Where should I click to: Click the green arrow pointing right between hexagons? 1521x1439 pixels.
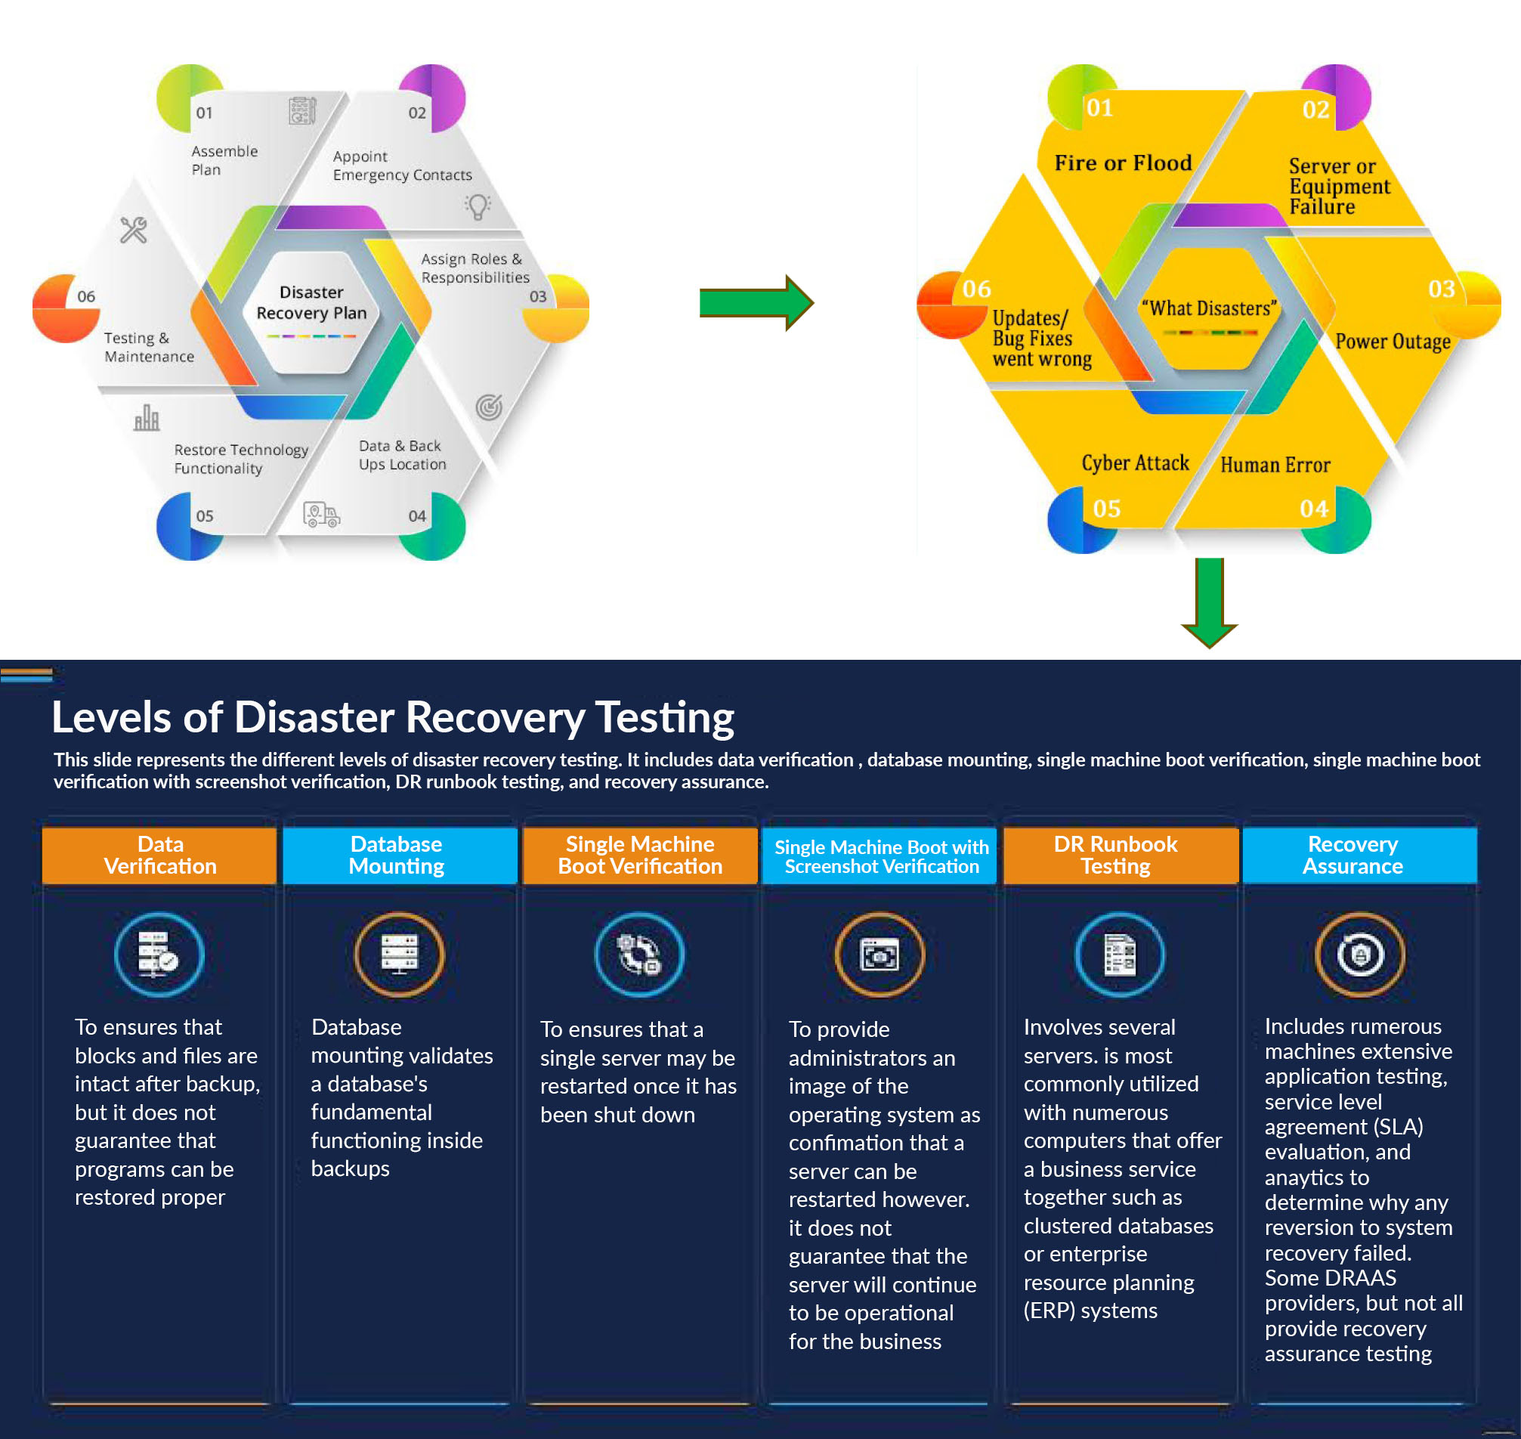[x=756, y=303]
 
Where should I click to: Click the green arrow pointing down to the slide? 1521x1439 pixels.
[x=1210, y=602]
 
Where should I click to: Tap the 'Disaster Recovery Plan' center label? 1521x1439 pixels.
[x=311, y=303]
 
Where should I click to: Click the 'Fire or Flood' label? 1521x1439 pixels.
[x=1123, y=162]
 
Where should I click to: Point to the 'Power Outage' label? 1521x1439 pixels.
[x=1393, y=342]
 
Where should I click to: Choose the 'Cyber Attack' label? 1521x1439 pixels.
[x=1135, y=463]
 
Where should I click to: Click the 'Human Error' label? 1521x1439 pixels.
[x=1275, y=465]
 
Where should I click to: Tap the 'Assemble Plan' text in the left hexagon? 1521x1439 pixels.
[x=224, y=160]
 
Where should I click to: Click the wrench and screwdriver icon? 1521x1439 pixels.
[x=134, y=229]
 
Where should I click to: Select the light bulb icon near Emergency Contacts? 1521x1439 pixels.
[x=477, y=206]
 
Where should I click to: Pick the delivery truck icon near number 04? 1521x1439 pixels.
[x=321, y=515]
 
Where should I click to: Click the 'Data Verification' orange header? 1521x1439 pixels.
[x=159, y=856]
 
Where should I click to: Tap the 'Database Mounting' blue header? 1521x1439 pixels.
[x=397, y=856]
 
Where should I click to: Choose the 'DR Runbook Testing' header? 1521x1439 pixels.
[x=1115, y=856]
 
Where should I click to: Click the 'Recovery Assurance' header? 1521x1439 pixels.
[x=1353, y=856]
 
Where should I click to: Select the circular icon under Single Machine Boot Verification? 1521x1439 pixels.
[x=639, y=955]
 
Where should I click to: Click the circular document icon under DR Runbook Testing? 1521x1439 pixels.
[x=1119, y=955]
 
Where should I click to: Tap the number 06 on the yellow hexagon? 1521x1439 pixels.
[x=976, y=289]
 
